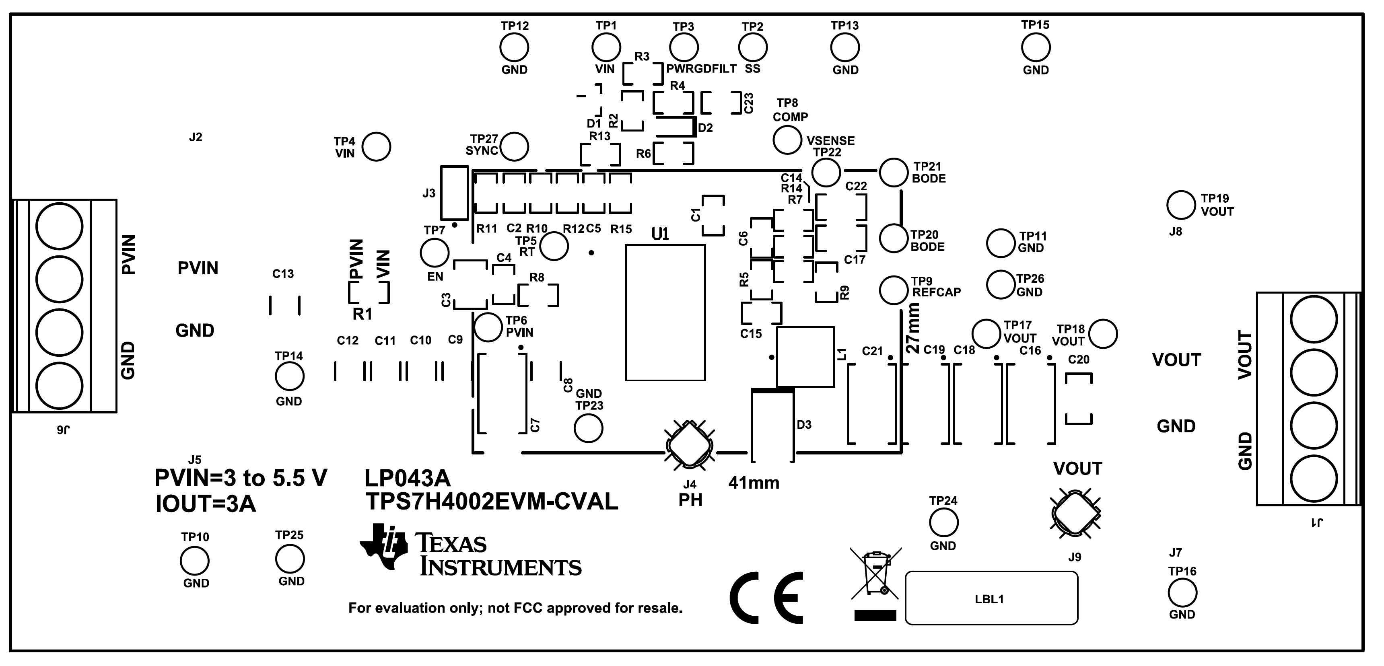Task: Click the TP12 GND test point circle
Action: point(514,48)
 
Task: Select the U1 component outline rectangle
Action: point(665,312)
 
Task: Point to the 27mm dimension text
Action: point(913,328)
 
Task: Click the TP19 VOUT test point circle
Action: point(1181,205)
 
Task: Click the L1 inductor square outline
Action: point(805,357)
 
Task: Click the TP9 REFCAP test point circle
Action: point(894,290)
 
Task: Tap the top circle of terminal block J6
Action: point(59,226)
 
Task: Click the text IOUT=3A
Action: point(206,504)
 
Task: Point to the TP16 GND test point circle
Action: point(1182,593)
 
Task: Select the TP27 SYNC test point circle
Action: point(514,147)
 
